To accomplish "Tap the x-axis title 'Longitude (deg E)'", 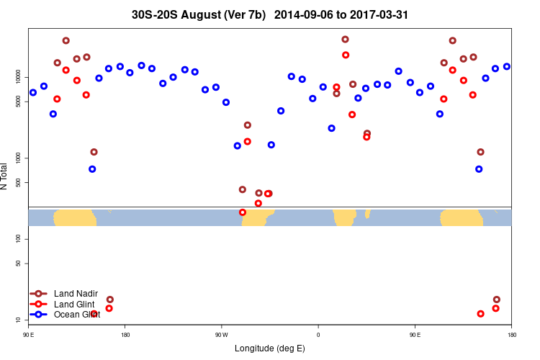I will coord(270,348).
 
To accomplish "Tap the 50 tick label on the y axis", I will coord(22,263).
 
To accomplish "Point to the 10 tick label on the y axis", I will coord(22,319).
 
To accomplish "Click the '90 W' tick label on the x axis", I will coord(221,335).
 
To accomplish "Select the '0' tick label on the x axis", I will coord(318,335).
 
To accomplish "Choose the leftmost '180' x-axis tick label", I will coord(125,335).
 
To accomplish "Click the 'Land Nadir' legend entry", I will coord(76,294).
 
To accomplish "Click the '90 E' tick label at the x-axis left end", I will coord(29,335).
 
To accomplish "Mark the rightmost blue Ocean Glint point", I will coord(507,66).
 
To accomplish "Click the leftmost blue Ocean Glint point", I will coord(33,92).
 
